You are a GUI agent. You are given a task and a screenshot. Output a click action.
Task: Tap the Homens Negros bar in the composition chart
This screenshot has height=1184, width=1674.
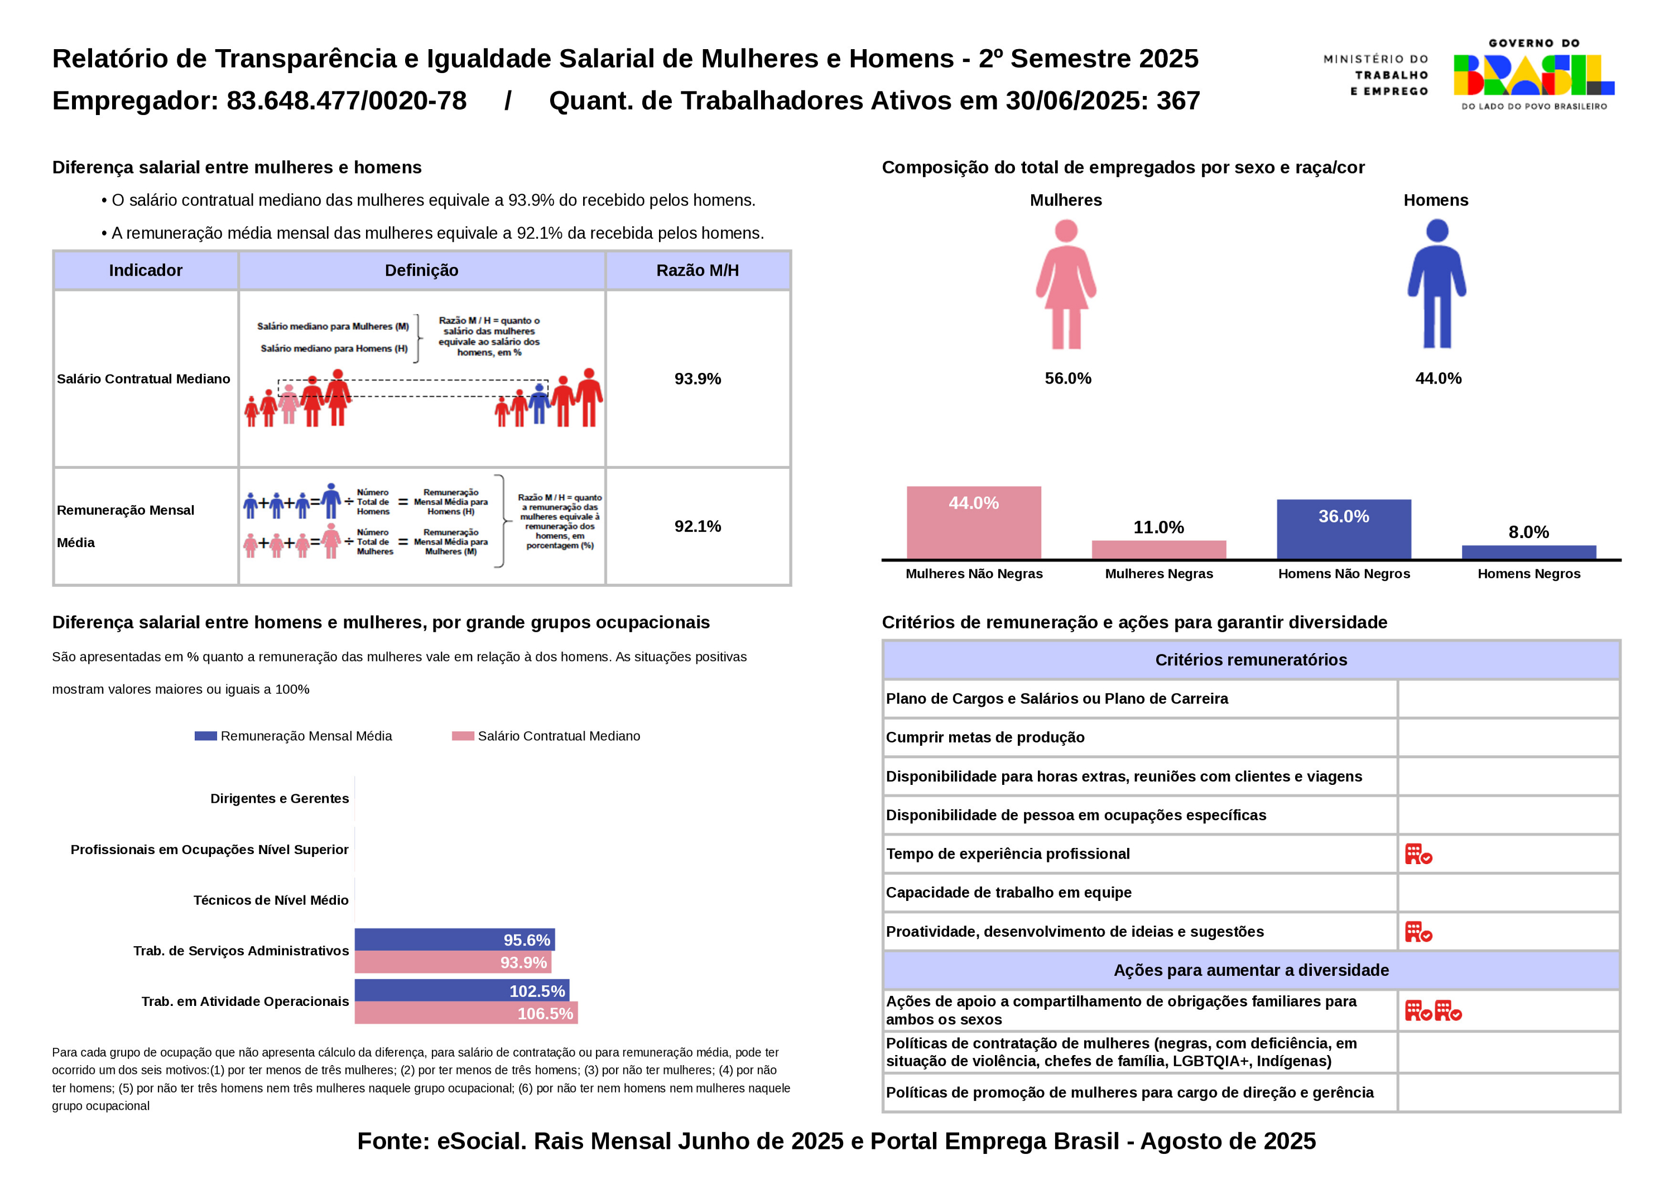click(x=1529, y=552)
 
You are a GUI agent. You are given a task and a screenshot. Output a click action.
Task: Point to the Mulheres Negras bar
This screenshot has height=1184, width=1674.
click(x=1158, y=549)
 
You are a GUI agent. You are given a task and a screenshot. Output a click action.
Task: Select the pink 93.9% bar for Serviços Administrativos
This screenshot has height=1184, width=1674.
click(x=453, y=962)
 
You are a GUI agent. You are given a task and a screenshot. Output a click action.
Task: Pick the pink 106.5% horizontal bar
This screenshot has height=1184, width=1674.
click(x=466, y=1013)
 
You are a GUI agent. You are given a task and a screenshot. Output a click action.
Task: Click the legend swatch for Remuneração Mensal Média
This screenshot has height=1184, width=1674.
click(x=205, y=736)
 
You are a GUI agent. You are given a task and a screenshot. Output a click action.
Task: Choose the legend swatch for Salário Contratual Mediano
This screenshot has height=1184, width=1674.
click(x=463, y=736)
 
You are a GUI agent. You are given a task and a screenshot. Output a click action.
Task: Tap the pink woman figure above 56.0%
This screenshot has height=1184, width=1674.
click(x=1066, y=285)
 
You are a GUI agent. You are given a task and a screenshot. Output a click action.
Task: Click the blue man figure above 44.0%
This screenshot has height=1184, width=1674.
click(x=1436, y=285)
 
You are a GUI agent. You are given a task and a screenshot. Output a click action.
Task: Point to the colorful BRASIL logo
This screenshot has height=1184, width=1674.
click(x=1533, y=75)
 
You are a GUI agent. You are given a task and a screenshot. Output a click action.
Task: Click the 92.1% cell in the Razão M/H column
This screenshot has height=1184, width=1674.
click(x=698, y=526)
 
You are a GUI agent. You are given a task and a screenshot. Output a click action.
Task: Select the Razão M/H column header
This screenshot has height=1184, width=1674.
click(x=698, y=271)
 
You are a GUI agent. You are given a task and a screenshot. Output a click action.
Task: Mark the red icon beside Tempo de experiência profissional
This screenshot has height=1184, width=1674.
click(x=1418, y=854)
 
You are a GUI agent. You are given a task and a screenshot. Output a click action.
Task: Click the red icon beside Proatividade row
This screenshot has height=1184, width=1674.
click(x=1418, y=932)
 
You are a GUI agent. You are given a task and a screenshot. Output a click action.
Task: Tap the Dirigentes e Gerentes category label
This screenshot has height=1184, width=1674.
click(x=279, y=798)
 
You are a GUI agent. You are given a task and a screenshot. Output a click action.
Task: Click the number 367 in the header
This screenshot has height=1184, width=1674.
click(x=1177, y=100)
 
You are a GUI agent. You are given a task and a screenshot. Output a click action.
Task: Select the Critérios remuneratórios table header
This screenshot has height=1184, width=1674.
click(x=1250, y=659)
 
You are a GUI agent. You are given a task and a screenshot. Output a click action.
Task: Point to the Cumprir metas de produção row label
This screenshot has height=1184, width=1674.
click(x=985, y=737)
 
